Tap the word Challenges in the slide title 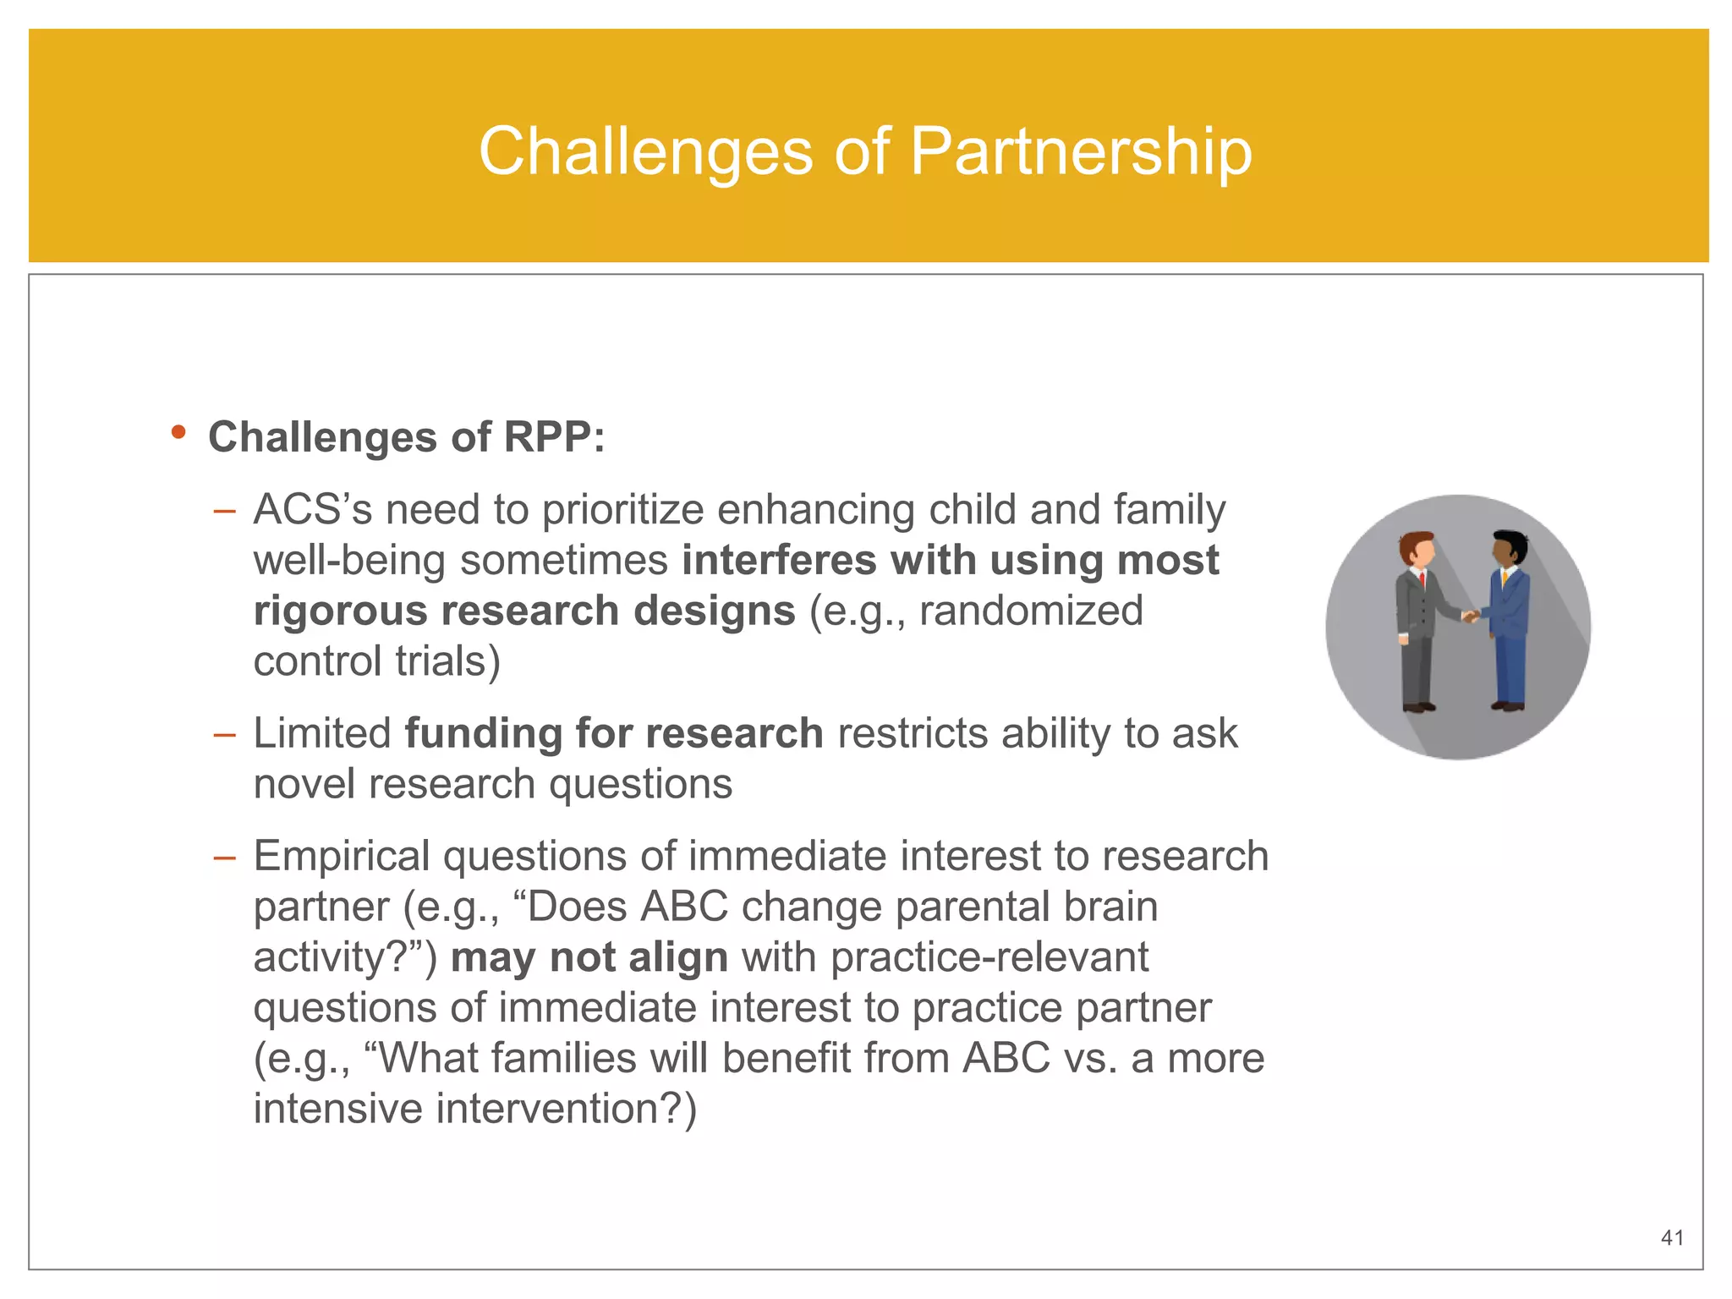click(646, 152)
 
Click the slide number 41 click(1672, 1238)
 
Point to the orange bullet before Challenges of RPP click(178, 433)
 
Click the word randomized click(1031, 611)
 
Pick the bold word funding click(483, 733)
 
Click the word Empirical click(342, 857)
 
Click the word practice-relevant click(989, 958)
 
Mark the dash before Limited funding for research click(224, 734)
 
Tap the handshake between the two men click(1472, 616)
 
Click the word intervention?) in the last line click(566, 1110)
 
